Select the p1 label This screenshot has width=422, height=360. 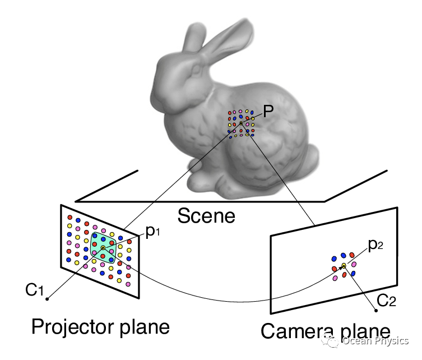(152, 232)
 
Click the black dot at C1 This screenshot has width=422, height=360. (48, 298)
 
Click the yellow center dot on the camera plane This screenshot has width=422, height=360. (344, 265)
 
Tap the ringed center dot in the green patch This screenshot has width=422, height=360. (103, 247)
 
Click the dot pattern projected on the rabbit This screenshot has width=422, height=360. (241, 123)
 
